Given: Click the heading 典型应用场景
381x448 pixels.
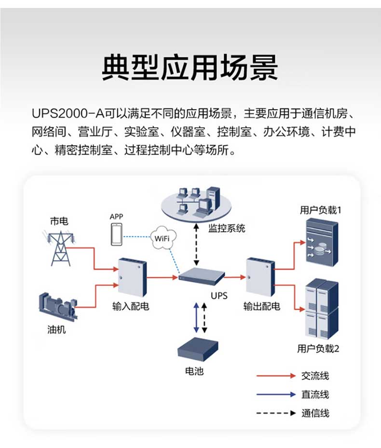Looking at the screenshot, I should pos(190,68).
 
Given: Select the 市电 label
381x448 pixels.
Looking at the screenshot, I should pos(59,221).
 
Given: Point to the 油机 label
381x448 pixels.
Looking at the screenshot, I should pos(56,330).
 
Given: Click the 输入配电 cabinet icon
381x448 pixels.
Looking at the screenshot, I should pos(131,277).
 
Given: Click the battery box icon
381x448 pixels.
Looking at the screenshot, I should pos(197,349).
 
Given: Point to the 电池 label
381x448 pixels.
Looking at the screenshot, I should pos(194,371).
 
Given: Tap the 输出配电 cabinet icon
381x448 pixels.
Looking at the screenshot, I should pos(260,277).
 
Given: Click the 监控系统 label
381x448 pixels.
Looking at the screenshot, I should pos(227,228).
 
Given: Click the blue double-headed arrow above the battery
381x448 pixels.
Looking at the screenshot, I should pos(196,317).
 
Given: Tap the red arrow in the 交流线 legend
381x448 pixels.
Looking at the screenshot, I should pos(275,375).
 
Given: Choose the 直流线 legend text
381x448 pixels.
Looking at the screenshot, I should pos(315,394).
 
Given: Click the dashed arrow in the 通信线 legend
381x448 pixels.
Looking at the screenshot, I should pos(275,413).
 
